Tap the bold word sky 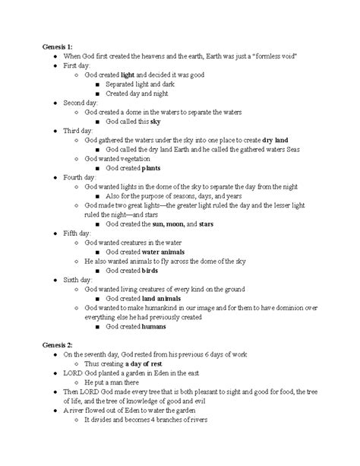point(156,122)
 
